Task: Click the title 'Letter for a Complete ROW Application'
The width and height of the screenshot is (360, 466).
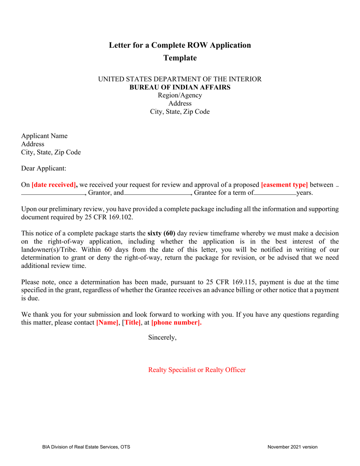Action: (x=180, y=45)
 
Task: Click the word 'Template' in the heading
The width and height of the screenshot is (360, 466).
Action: (x=180, y=58)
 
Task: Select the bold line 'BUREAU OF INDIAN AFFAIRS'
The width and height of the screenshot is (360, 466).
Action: (x=180, y=87)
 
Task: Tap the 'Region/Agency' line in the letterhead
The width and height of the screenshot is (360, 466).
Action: (x=180, y=95)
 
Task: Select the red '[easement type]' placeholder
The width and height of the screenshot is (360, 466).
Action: (x=284, y=185)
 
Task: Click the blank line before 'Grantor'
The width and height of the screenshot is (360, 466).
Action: (x=53, y=194)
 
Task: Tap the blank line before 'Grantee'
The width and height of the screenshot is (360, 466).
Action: (x=157, y=194)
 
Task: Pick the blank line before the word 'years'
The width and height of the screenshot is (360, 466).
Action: (x=275, y=194)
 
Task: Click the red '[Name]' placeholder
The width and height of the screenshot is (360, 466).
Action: (x=107, y=323)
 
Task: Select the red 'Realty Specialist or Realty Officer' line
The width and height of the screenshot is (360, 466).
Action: (x=197, y=370)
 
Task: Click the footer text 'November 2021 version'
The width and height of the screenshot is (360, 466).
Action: (x=292, y=447)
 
